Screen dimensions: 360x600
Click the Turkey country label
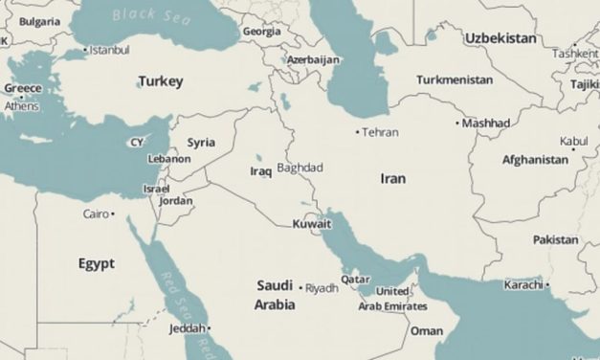(160, 81)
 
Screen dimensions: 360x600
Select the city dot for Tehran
(358, 131)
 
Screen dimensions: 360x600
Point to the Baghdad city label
(300, 168)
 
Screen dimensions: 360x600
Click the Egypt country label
(97, 263)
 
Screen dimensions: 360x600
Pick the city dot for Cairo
(113, 214)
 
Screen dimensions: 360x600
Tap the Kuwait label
(312, 224)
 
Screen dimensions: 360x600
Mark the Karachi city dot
(546, 284)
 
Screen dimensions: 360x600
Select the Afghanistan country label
(535, 160)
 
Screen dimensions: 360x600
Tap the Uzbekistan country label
(500, 37)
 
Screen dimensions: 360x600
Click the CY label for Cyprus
(137, 143)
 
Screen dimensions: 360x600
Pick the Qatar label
(355, 280)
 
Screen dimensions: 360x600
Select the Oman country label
(427, 330)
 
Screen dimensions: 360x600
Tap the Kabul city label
(574, 141)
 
